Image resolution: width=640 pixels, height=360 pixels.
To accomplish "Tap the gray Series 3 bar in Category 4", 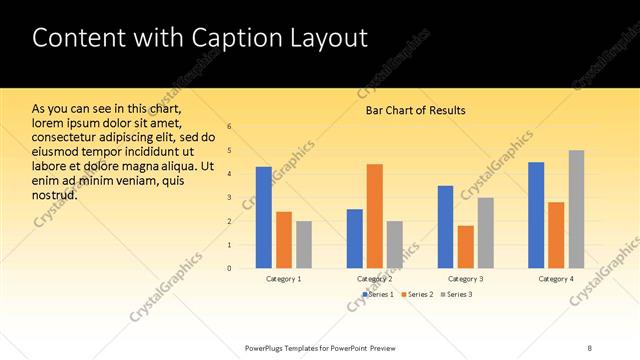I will (577, 209).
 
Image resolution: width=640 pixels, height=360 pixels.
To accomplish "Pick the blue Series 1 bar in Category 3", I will (445, 227).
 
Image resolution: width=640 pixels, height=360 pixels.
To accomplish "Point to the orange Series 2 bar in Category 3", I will (466, 247).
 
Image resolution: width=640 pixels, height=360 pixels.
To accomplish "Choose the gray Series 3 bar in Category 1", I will (304, 245).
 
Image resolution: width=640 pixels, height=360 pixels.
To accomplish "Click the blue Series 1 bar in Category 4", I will (536, 215).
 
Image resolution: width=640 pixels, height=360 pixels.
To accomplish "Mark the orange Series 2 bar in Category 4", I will (556, 235).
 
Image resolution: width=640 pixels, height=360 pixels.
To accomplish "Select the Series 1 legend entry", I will (377, 294).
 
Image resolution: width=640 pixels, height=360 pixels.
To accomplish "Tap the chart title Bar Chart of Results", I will (415, 110).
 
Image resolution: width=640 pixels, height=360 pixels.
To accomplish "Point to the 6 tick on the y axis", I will (229, 127).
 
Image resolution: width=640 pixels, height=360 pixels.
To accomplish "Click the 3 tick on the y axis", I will (229, 197).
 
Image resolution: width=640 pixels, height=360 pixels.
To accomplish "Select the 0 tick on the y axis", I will (229, 268).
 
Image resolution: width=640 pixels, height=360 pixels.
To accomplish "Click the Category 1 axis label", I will (283, 278).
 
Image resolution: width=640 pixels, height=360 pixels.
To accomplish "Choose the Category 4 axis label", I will (556, 278).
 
